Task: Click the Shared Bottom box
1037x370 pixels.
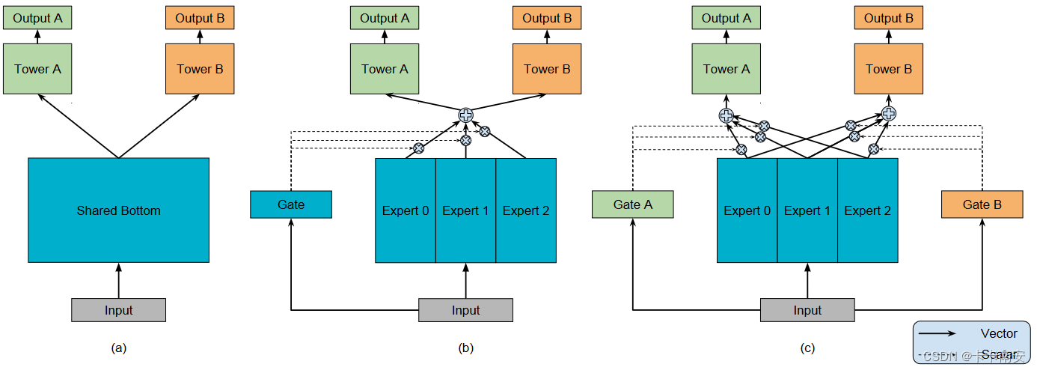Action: coord(118,210)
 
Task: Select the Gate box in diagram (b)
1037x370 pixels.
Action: coord(291,204)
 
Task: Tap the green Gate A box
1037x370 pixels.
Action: coord(632,204)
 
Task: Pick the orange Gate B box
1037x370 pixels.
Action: coord(982,204)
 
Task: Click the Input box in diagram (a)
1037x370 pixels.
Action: coord(118,310)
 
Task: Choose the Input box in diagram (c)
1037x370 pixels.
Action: coord(807,310)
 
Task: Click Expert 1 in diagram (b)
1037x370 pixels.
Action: coord(465,210)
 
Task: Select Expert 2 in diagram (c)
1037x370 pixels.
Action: coord(867,210)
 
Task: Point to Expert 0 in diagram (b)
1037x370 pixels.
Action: coord(405,210)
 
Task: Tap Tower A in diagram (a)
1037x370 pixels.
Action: coord(37,69)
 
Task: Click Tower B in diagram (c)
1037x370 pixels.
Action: coord(888,69)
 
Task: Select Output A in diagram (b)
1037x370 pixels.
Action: coord(385,18)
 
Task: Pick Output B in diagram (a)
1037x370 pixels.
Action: coord(200,18)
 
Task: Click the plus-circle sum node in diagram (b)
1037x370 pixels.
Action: coord(465,115)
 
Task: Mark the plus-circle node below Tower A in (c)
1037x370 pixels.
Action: coord(726,115)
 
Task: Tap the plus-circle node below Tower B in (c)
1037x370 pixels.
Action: coord(888,114)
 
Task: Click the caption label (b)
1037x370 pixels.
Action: coord(465,348)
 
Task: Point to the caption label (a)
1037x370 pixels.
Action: coord(118,348)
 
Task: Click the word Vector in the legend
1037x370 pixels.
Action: coord(999,334)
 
